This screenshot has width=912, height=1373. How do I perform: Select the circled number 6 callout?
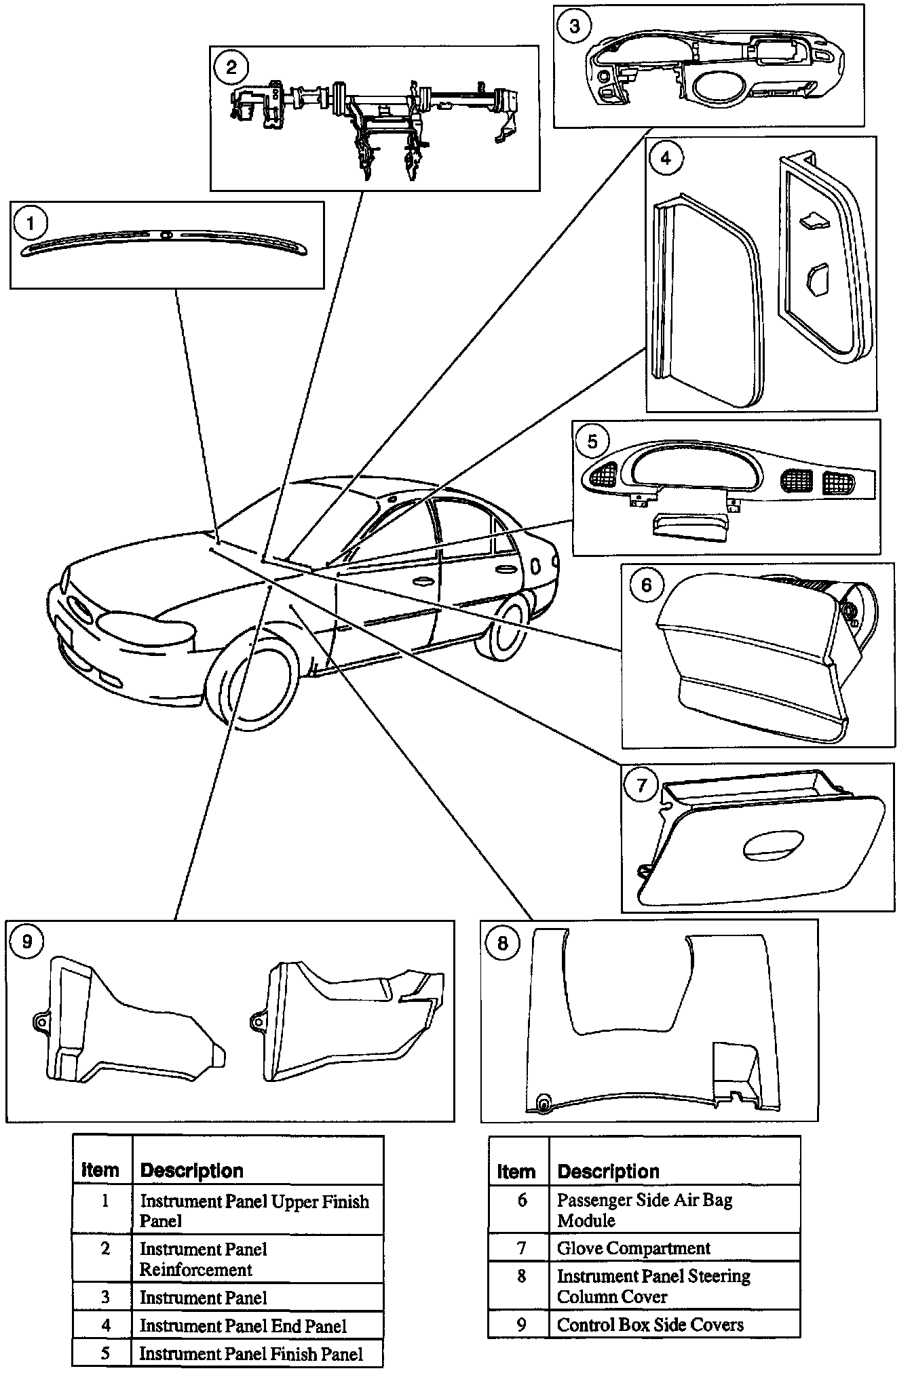pyautogui.click(x=645, y=584)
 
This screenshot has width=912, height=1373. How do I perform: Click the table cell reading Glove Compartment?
pyautogui.click(x=633, y=1248)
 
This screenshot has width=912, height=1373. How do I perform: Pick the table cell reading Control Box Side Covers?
pyautogui.click(x=649, y=1325)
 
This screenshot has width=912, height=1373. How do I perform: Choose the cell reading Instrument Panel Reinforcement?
pyautogui.click(x=203, y=1259)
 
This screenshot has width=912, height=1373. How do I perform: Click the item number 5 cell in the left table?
pyautogui.click(x=104, y=1353)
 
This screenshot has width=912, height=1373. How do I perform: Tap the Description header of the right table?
pyautogui.click(x=608, y=1172)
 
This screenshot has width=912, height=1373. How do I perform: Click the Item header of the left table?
pyautogui.click(x=100, y=1170)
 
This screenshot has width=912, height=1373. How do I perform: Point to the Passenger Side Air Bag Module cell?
pyautogui.click(x=644, y=1210)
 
